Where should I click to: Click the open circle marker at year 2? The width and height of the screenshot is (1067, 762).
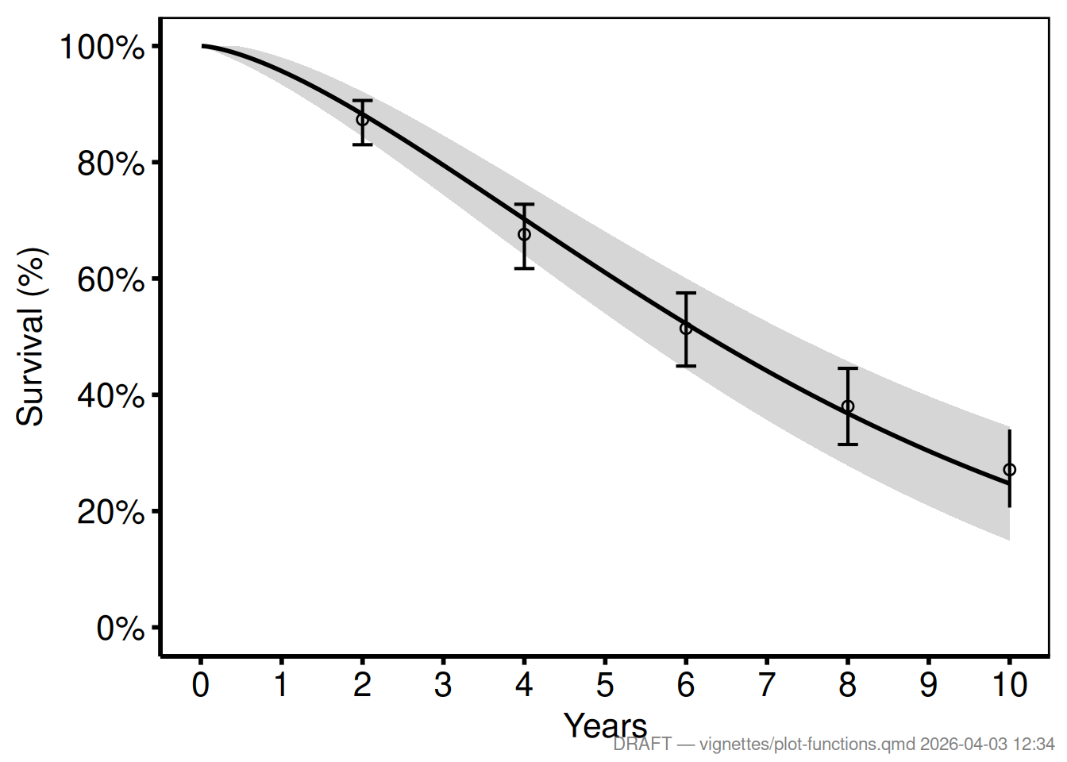tap(362, 120)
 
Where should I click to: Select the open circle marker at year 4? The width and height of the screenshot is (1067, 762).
tap(524, 234)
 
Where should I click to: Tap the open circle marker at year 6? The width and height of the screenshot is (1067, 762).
tap(686, 329)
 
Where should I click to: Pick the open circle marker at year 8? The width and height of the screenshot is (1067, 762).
tap(848, 406)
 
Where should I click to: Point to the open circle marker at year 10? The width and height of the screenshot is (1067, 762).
tap(1009, 470)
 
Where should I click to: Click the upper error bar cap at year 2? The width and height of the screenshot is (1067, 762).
tap(362, 101)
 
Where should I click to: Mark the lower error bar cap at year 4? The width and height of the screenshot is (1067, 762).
tap(524, 268)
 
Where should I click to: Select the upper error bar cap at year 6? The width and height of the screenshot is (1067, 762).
tap(686, 293)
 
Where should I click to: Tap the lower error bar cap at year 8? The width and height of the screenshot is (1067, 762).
tap(848, 444)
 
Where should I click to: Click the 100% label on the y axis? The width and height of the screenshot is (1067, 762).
tap(102, 48)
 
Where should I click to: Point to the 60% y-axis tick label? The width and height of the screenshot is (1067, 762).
tap(111, 280)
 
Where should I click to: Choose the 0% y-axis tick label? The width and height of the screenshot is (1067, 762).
tap(121, 629)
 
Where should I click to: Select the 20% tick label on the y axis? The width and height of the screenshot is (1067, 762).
tap(111, 513)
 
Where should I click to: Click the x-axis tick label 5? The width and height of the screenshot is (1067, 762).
tap(605, 685)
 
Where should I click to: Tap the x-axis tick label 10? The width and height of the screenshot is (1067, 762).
tap(1009, 685)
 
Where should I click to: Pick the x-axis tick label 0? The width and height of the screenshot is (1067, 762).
tap(201, 685)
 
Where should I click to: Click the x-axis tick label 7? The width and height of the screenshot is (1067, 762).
tap(767, 685)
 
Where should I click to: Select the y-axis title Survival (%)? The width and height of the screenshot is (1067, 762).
tap(31, 337)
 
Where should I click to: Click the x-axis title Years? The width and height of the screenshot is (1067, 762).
tap(605, 725)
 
